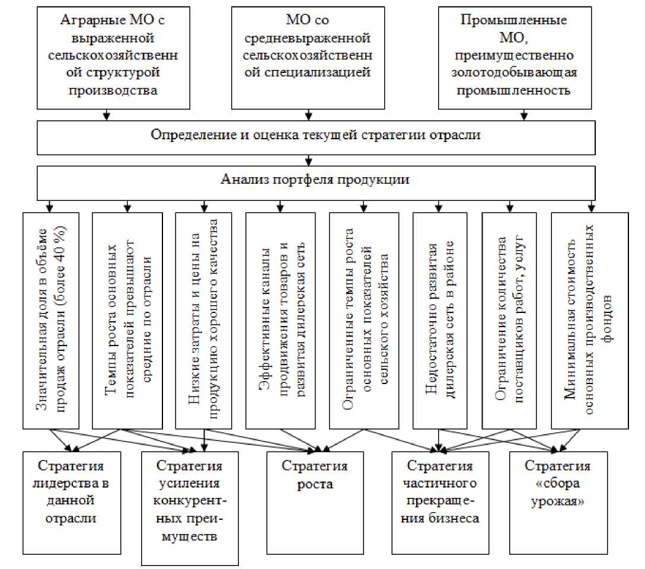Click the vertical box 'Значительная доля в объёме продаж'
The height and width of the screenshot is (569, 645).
[50, 320]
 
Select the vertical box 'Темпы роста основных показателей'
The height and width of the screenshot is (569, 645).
[127, 320]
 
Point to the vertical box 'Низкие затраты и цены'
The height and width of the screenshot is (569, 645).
[204, 320]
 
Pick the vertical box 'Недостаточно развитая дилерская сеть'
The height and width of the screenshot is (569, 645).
[439, 320]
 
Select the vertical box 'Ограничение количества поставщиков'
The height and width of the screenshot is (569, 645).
[509, 320]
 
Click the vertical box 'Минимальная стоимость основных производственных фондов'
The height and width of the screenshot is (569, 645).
[589, 320]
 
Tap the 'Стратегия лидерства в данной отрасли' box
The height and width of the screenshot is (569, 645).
[72, 492]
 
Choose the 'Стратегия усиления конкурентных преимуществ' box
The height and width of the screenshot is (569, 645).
[190, 507]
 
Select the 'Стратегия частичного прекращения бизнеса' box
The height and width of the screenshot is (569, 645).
[440, 492]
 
